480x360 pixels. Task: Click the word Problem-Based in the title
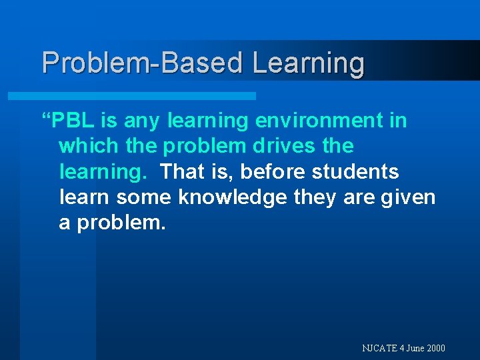(143, 63)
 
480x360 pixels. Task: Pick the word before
(270, 172)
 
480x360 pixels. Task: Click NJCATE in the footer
(379, 348)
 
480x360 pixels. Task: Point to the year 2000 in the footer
(436, 348)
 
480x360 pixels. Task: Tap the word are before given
(361, 198)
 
